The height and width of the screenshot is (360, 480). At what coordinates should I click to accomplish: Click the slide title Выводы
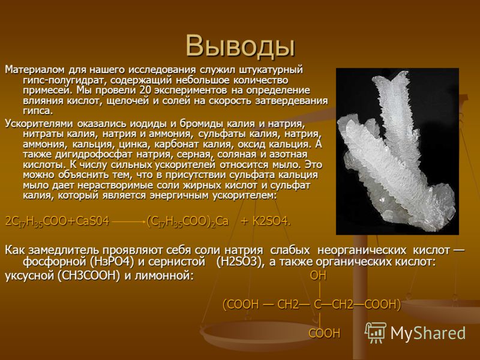point(241,46)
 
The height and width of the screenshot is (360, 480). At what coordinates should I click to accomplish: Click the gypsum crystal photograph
point(397,151)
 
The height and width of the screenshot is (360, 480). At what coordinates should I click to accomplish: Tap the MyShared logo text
point(428,333)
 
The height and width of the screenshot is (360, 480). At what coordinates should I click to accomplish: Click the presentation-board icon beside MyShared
point(376,333)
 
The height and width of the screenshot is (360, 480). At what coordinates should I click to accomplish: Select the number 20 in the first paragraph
point(145,91)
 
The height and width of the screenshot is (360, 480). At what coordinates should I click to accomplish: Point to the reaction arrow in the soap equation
point(128,221)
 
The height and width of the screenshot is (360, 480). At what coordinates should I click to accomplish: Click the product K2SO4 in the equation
point(271,221)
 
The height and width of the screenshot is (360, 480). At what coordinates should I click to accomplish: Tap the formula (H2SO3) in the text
point(239,262)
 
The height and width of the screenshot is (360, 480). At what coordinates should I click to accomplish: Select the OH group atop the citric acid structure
point(319,276)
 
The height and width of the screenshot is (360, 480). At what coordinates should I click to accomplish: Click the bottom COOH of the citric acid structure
point(324,333)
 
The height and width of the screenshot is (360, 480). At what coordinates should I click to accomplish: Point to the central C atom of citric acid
point(318,305)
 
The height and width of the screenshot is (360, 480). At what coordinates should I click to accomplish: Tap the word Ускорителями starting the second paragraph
point(39,124)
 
